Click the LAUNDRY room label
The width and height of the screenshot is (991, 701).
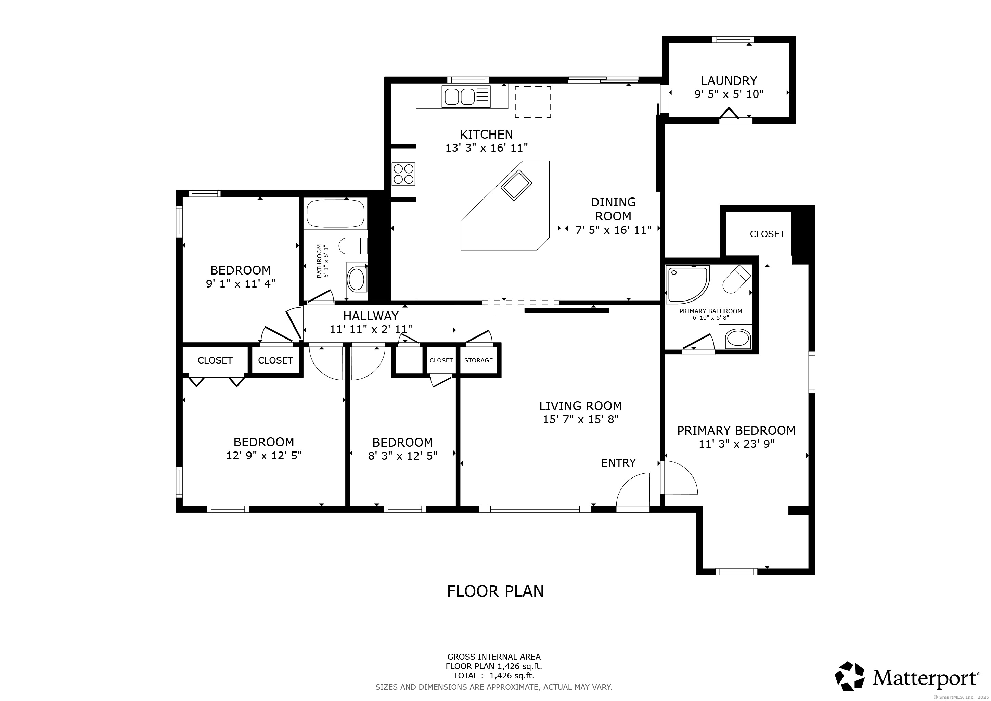tap(729, 81)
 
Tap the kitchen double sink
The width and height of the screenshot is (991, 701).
tap(466, 96)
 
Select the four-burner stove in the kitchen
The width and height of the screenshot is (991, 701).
tap(403, 174)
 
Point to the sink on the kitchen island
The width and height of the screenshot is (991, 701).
tap(516, 185)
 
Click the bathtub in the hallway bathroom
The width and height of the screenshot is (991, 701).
tap(335, 213)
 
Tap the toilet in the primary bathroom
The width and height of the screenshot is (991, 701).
tap(736, 279)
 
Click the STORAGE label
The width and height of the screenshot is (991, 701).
tap(478, 360)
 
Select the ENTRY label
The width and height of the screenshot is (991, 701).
tap(618, 463)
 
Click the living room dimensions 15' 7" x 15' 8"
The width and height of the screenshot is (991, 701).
tap(580, 419)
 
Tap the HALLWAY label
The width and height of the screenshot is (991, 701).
tap(371, 316)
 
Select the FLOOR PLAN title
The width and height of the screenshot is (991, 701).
tap(495, 591)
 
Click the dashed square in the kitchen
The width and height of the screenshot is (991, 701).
tap(532, 101)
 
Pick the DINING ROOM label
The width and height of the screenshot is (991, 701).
tap(613, 209)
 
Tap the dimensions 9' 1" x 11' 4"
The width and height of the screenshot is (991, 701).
tap(241, 284)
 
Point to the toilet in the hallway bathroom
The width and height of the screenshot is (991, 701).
tap(353, 246)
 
